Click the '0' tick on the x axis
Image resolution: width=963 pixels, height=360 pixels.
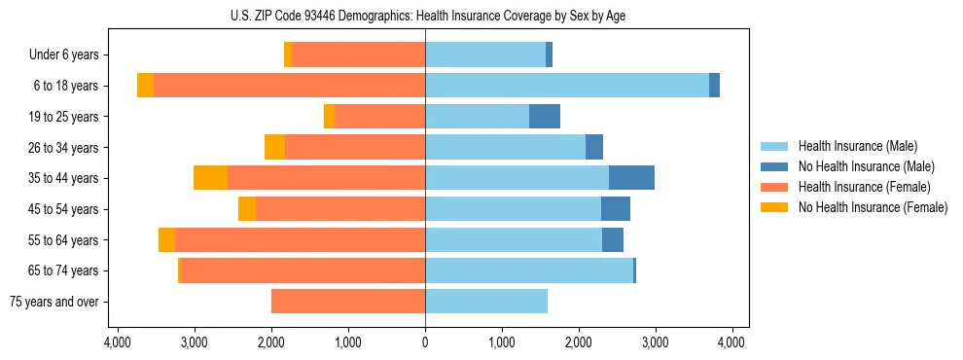425,342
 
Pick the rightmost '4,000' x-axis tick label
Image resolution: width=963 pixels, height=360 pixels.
731,342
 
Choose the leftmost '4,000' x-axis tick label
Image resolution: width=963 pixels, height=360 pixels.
117,342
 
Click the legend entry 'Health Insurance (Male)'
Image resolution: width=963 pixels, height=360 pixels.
857,146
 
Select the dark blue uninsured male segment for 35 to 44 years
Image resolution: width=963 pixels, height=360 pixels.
631,178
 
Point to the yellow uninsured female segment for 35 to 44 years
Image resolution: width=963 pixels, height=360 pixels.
210,178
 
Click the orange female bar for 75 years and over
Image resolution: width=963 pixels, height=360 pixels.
348,302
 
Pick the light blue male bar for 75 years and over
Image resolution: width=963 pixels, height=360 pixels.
486,302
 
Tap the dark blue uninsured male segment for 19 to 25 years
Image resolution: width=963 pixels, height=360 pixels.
545,117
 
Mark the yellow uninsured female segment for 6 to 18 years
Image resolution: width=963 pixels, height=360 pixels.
145,86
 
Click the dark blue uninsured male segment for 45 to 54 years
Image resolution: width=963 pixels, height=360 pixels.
616,209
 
